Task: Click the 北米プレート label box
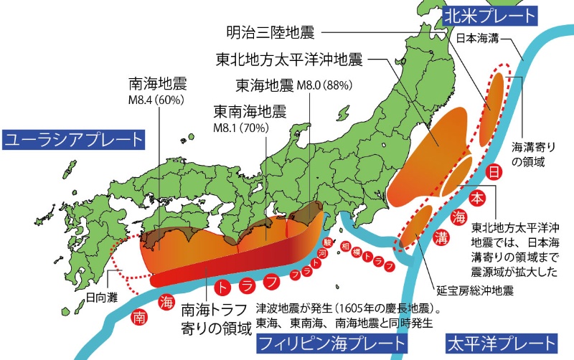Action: coord(489,14)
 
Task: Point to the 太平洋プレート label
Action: coord(500,344)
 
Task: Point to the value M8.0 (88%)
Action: coord(319,85)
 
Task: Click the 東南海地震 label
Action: coord(250,113)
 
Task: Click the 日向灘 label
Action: coord(100,294)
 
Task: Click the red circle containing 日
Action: coord(493,172)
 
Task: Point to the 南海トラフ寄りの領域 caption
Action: coord(215,320)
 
